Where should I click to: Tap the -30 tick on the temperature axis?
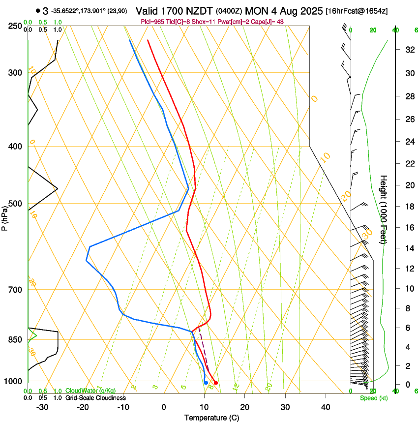pyautogui.click(x=42, y=407)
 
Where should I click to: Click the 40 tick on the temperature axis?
pyautogui.click(x=325, y=407)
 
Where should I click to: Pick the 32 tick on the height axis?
pyautogui.click(x=409, y=50)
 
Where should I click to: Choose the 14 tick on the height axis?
pyautogui.click(x=409, y=248)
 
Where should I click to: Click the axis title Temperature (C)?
pyautogui.click(x=211, y=418)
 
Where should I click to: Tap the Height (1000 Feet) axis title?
pyautogui.click(x=384, y=209)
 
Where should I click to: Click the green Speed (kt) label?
pyautogui.click(x=373, y=398)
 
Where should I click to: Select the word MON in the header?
pyautogui.click(x=258, y=11)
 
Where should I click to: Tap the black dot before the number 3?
pyautogui.click(x=38, y=10)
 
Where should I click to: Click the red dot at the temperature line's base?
pyautogui.click(x=216, y=383)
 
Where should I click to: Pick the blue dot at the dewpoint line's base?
pyautogui.click(x=206, y=383)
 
